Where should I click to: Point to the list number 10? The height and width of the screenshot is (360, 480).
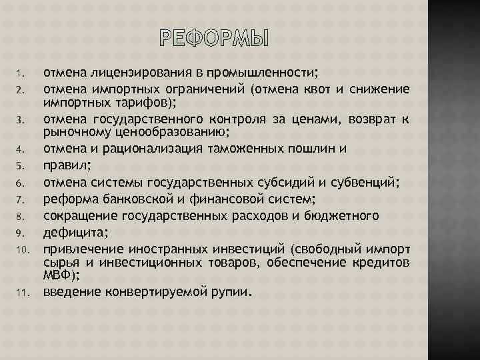(x=21, y=249)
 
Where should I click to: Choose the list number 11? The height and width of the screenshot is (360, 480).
(x=21, y=292)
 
